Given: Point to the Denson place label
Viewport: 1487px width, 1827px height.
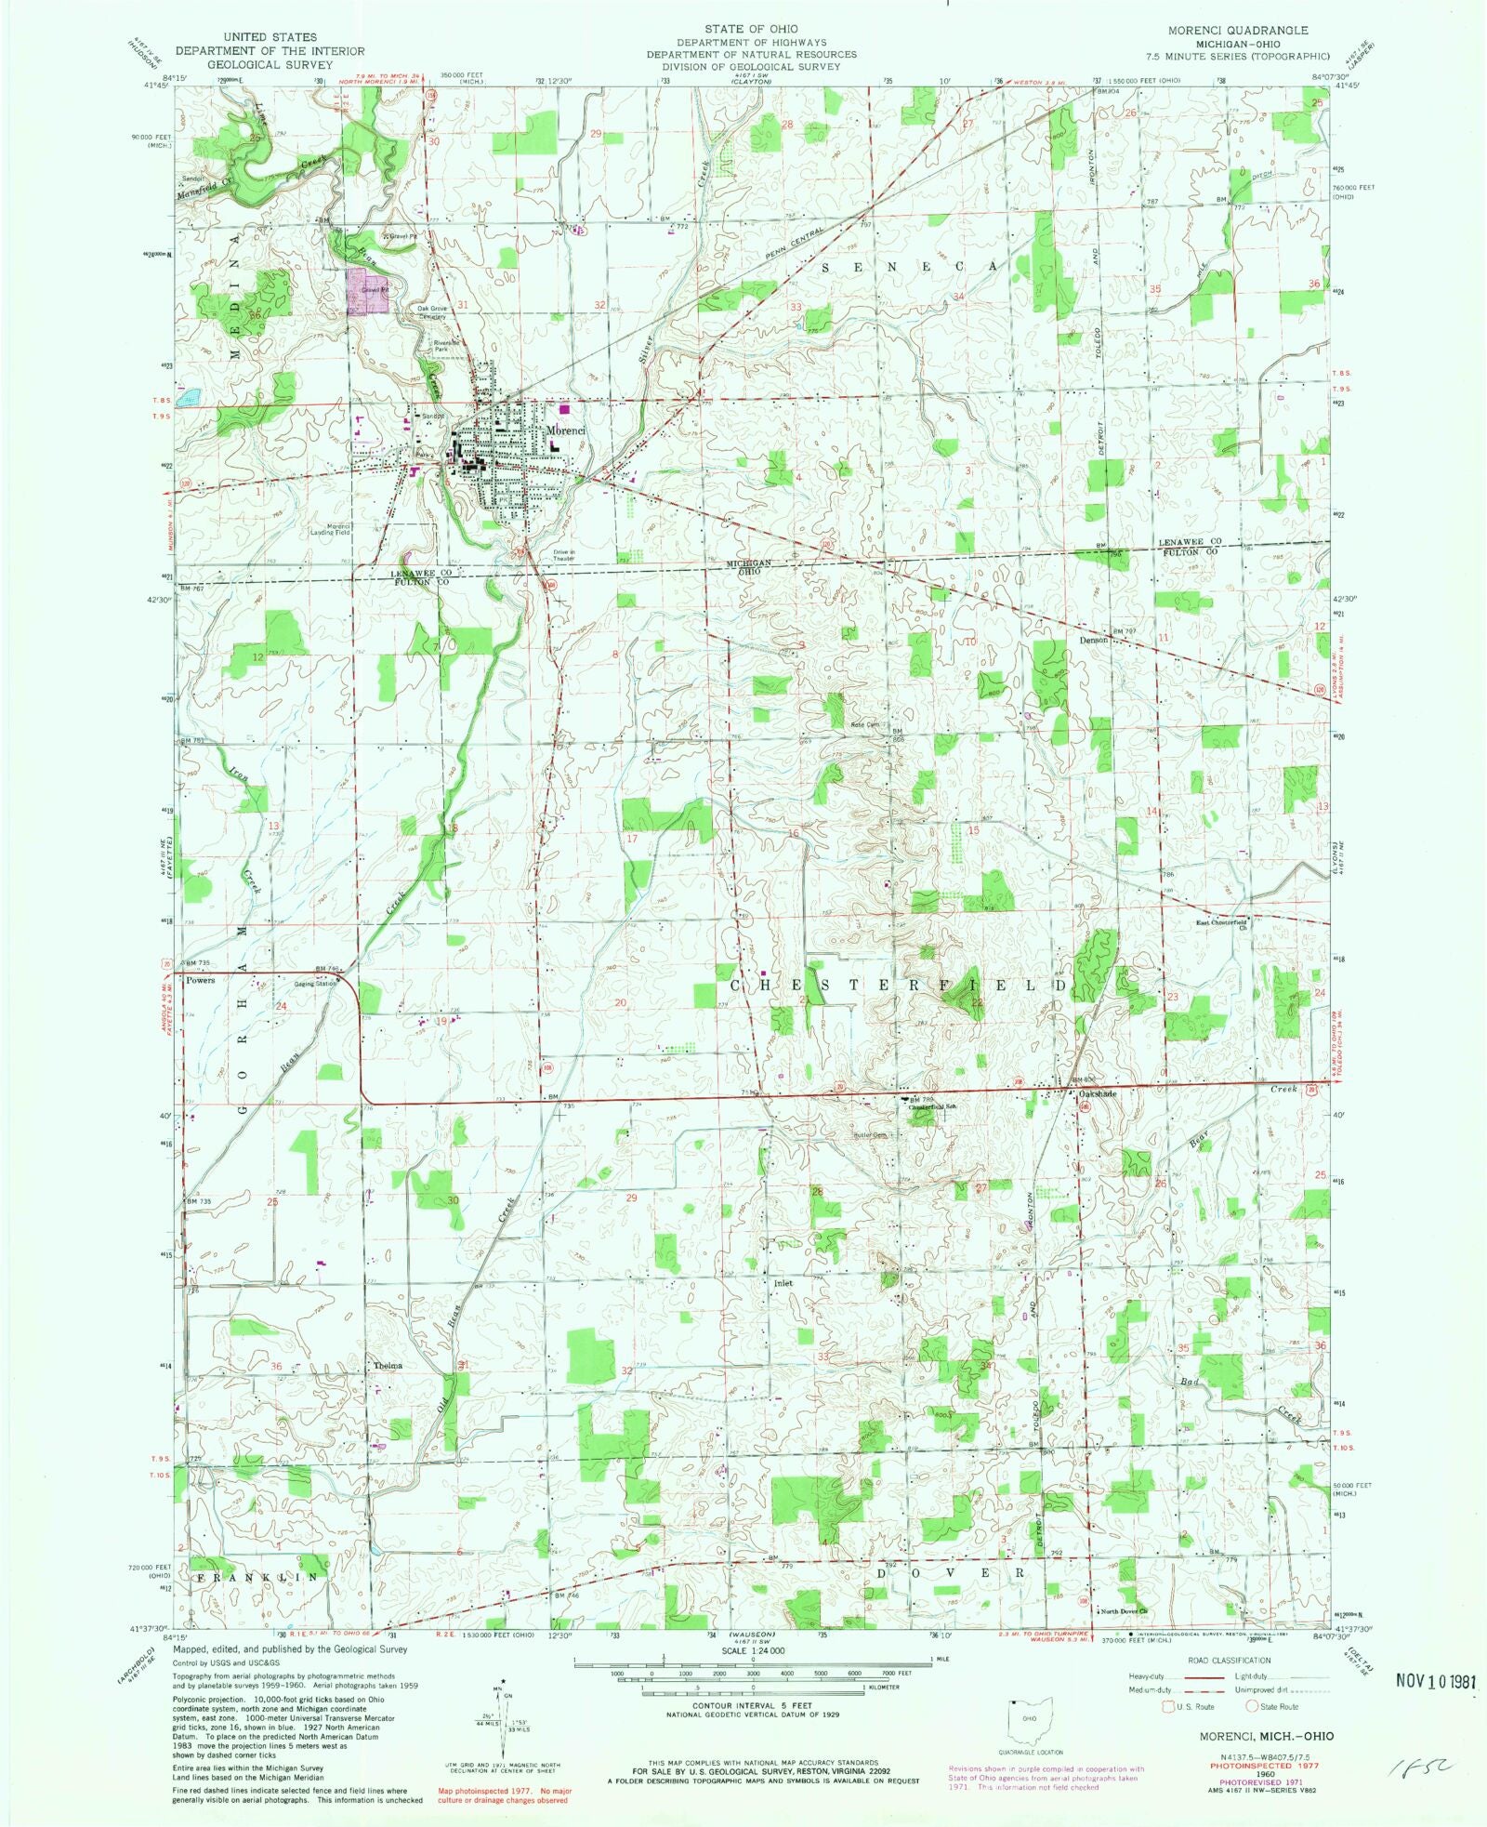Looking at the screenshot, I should point(1093,641).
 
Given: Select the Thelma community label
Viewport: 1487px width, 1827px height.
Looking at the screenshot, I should point(388,1366).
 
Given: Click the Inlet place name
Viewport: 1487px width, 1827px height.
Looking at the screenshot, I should point(783,1283).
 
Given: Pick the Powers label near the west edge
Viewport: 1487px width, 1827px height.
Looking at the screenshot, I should point(201,980).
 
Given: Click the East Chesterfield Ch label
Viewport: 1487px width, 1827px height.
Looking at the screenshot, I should point(1226,926).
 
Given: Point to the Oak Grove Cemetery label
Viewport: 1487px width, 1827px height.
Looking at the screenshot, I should point(432,312).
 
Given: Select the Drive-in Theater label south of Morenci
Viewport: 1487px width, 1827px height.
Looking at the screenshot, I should point(564,555).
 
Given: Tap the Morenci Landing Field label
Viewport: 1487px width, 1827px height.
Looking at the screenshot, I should point(330,530).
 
